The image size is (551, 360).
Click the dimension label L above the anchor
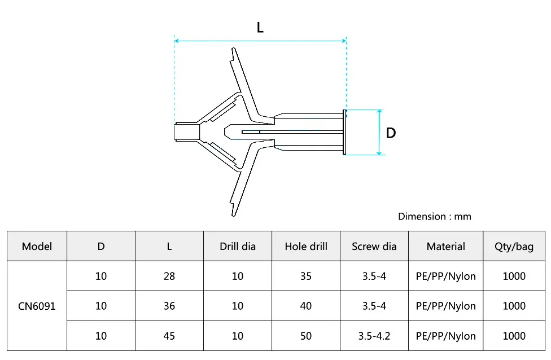(260, 28)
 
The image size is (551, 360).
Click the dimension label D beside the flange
(391, 133)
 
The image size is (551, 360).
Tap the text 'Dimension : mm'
(434, 217)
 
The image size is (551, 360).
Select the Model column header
(37, 246)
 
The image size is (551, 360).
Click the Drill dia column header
(238, 246)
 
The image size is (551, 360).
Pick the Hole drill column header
(306, 246)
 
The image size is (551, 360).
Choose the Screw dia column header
(374, 246)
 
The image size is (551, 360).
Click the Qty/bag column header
(514, 246)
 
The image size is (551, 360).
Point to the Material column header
(445, 246)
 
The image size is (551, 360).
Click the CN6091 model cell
(37, 306)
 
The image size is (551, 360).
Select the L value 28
(169, 276)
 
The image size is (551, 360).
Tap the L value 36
(169, 306)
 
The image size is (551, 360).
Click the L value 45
(169, 336)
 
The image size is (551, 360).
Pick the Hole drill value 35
(306, 276)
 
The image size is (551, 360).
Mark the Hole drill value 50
(306, 336)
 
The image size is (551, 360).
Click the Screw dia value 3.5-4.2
(374, 336)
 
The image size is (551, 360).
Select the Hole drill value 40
(306, 306)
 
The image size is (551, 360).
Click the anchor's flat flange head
(344, 132)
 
